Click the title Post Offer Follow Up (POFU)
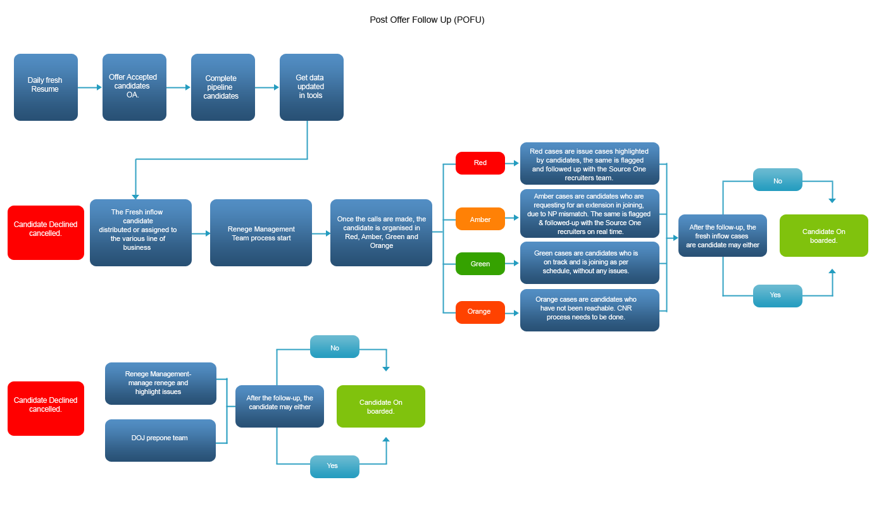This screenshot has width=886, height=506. (427, 20)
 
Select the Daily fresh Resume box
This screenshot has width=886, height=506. (46, 87)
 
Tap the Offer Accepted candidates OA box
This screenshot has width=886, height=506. (134, 87)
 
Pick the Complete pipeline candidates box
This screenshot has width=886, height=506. (223, 87)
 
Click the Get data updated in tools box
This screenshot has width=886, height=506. (311, 87)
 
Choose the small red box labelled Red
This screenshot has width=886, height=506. (480, 163)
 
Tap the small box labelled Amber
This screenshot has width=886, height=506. (480, 219)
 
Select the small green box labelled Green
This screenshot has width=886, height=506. (480, 264)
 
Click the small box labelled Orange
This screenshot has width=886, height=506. (480, 312)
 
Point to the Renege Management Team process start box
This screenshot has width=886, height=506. (261, 233)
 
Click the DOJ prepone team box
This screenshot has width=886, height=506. (160, 440)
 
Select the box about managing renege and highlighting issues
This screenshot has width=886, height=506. (160, 383)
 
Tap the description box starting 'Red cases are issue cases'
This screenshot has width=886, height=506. (589, 163)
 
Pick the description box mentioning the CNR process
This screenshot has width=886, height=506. (589, 310)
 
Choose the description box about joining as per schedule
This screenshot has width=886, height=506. (589, 262)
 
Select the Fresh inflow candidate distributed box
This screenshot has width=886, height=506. (140, 233)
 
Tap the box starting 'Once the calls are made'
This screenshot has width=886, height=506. (381, 233)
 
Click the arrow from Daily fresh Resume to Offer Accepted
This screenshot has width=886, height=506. (89, 87)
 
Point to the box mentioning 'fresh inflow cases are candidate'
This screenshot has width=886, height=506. (722, 236)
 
